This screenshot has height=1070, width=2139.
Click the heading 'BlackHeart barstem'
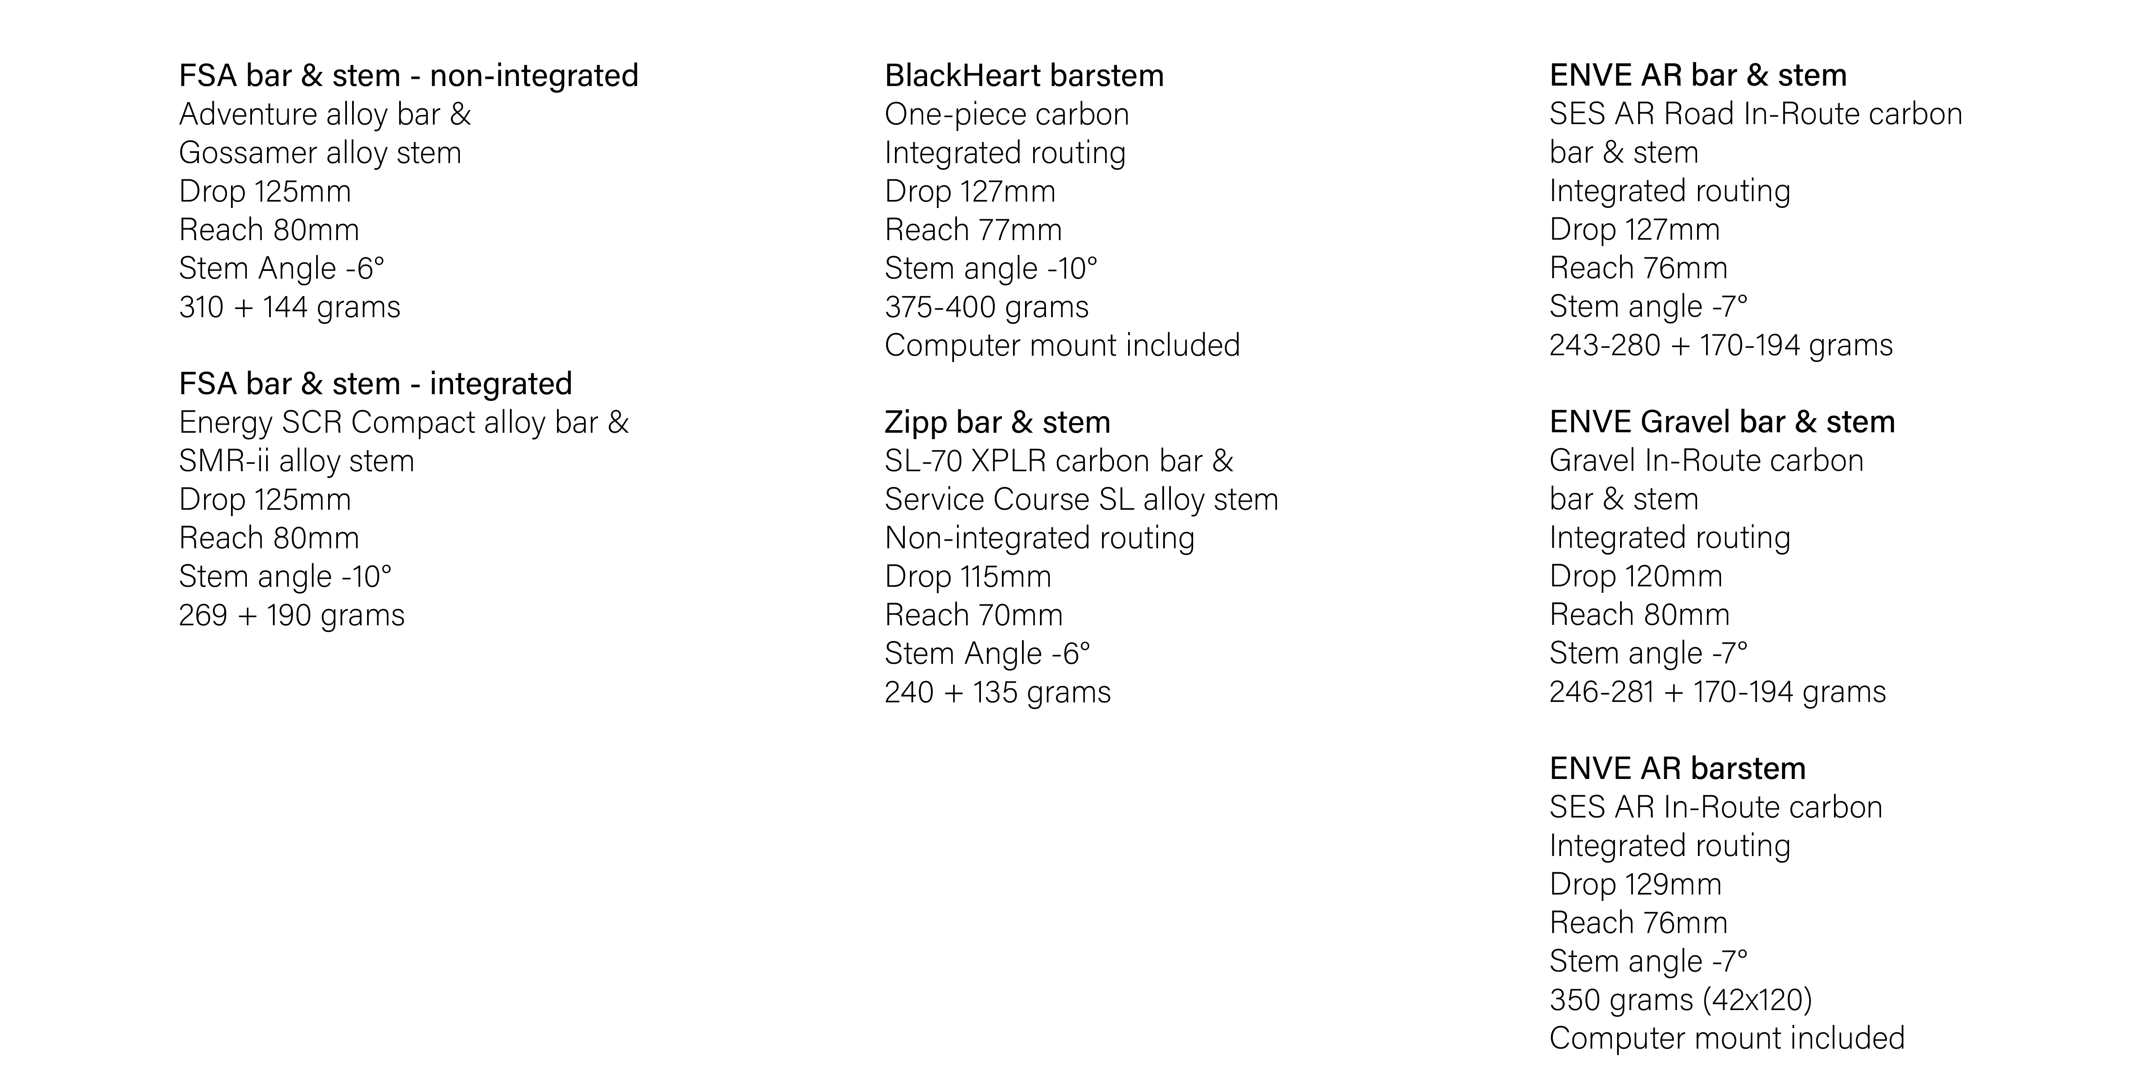(x=1024, y=76)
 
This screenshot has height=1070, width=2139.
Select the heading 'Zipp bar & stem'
(x=997, y=422)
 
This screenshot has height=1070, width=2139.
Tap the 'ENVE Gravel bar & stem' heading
(x=1722, y=422)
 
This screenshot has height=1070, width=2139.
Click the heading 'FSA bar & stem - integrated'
(x=375, y=384)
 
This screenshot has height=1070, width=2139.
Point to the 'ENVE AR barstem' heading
(x=1677, y=768)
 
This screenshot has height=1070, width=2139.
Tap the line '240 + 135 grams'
(x=997, y=692)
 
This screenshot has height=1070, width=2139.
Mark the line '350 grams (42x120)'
(x=1681, y=999)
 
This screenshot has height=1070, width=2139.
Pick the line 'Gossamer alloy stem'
(x=320, y=153)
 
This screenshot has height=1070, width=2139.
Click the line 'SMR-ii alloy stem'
(x=296, y=461)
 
